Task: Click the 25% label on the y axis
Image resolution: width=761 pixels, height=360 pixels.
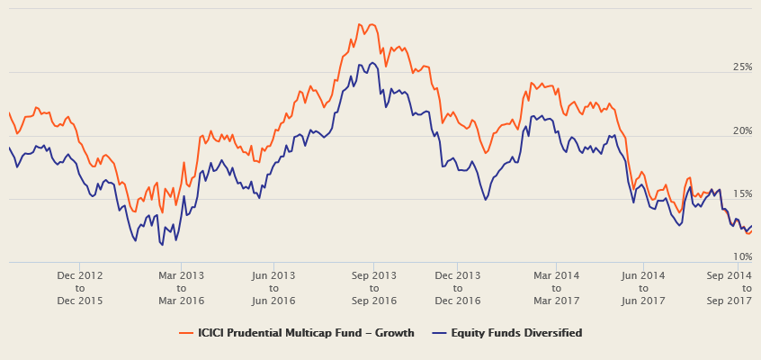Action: [x=741, y=67]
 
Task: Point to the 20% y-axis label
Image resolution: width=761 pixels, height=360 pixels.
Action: [x=741, y=131]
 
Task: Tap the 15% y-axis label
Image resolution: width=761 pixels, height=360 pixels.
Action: [x=741, y=194]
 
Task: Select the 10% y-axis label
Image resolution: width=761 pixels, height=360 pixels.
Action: [x=741, y=257]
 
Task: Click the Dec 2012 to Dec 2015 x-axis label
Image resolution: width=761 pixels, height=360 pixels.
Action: [x=80, y=287]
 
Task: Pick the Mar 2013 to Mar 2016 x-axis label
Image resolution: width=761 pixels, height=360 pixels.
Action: [x=181, y=287]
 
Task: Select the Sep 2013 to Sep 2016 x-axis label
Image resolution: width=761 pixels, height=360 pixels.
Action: [x=373, y=287]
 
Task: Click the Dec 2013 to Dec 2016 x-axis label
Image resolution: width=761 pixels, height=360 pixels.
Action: [x=457, y=287]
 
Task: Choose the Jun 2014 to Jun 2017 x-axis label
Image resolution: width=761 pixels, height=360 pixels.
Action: [x=642, y=287]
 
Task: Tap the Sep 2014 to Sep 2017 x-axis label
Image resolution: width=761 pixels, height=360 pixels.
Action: [x=730, y=287]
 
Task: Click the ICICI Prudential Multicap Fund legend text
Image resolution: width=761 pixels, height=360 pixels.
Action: [x=307, y=333]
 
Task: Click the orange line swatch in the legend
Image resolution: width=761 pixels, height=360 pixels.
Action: [x=186, y=333]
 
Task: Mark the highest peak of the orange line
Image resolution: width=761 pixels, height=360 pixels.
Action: [x=359, y=24]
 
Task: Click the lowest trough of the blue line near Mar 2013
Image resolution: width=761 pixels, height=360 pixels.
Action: [x=161, y=245]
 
